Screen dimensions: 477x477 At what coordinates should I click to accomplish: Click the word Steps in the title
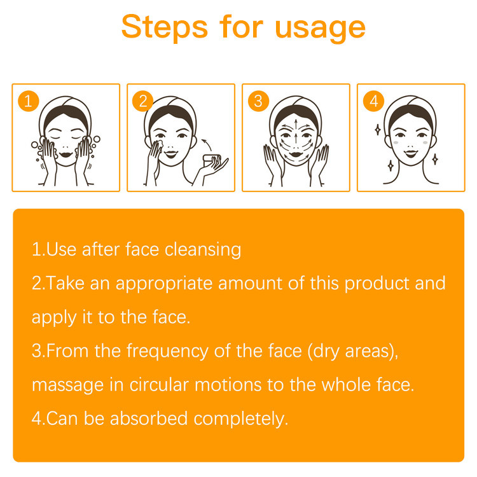point(165,27)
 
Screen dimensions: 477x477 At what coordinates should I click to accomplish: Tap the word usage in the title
point(320,29)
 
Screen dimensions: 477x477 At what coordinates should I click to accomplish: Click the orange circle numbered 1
point(28,101)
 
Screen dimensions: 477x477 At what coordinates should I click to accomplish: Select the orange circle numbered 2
point(143,101)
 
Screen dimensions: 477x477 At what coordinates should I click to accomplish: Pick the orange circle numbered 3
point(258,101)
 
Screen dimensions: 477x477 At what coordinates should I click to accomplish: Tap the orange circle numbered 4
point(373,101)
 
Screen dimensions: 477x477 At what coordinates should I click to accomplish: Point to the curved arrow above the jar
point(207,144)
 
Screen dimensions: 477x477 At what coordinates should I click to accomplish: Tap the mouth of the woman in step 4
point(411,153)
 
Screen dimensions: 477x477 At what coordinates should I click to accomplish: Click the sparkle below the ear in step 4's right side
point(435,159)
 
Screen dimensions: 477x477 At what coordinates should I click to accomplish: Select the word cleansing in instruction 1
point(203,250)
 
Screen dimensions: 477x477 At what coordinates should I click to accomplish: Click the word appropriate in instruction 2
point(164,284)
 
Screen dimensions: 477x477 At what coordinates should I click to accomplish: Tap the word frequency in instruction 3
point(167,351)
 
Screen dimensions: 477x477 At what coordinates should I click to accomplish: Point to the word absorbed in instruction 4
point(149,418)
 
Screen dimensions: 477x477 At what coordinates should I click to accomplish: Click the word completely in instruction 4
point(240,419)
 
